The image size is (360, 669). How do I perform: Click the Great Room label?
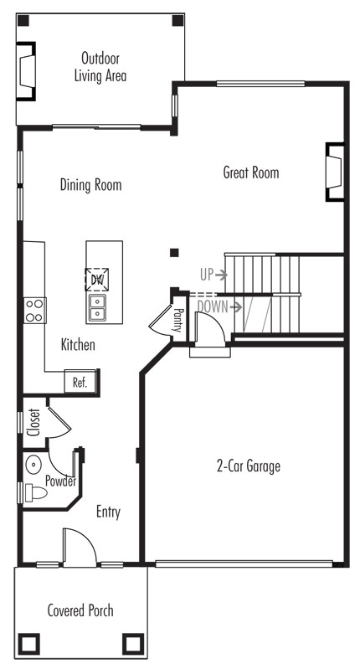pyautogui.click(x=251, y=172)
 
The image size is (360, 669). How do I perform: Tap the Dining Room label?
pyautogui.click(x=91, y=185)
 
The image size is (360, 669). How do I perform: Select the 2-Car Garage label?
pyautogui.click(x=249, y=466)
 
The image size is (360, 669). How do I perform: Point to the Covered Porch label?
pyautogui.click(x=80, y=610)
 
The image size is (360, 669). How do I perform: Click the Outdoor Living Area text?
pyautogui.click(x=100, y=67)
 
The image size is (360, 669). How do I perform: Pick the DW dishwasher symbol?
pyautogui.click(x=97, y=280)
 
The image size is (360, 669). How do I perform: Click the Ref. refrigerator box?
pyautogui.click(x=80, y=382)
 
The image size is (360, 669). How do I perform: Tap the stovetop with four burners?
pyautogui.click(x=34, y=311)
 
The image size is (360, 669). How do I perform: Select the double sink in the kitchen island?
pyautogui.click(x=97, y=307)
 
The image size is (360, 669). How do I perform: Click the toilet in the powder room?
pyautogui.click(x=35, y=493)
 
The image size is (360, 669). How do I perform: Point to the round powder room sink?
pyautogui.click(x=33, y=464)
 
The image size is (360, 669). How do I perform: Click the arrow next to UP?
pyautogui.click(x=221, y=275)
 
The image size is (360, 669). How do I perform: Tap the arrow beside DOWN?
pyautogui.click(x=236, y=306)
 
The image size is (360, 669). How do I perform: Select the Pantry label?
pyautogui.click(x=177, y=320)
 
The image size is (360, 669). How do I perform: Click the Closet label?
pyautogui.click(x=33, y=422)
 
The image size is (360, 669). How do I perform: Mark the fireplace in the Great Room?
pyautogui.click(x=335, y=171)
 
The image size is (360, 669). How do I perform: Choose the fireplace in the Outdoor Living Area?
pyautogui.click(x=26, y=71)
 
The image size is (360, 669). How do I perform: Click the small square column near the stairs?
pyautogui.click(x=174, y=253)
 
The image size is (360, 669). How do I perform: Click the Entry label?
pyautogui.click(x=108, y=512)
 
